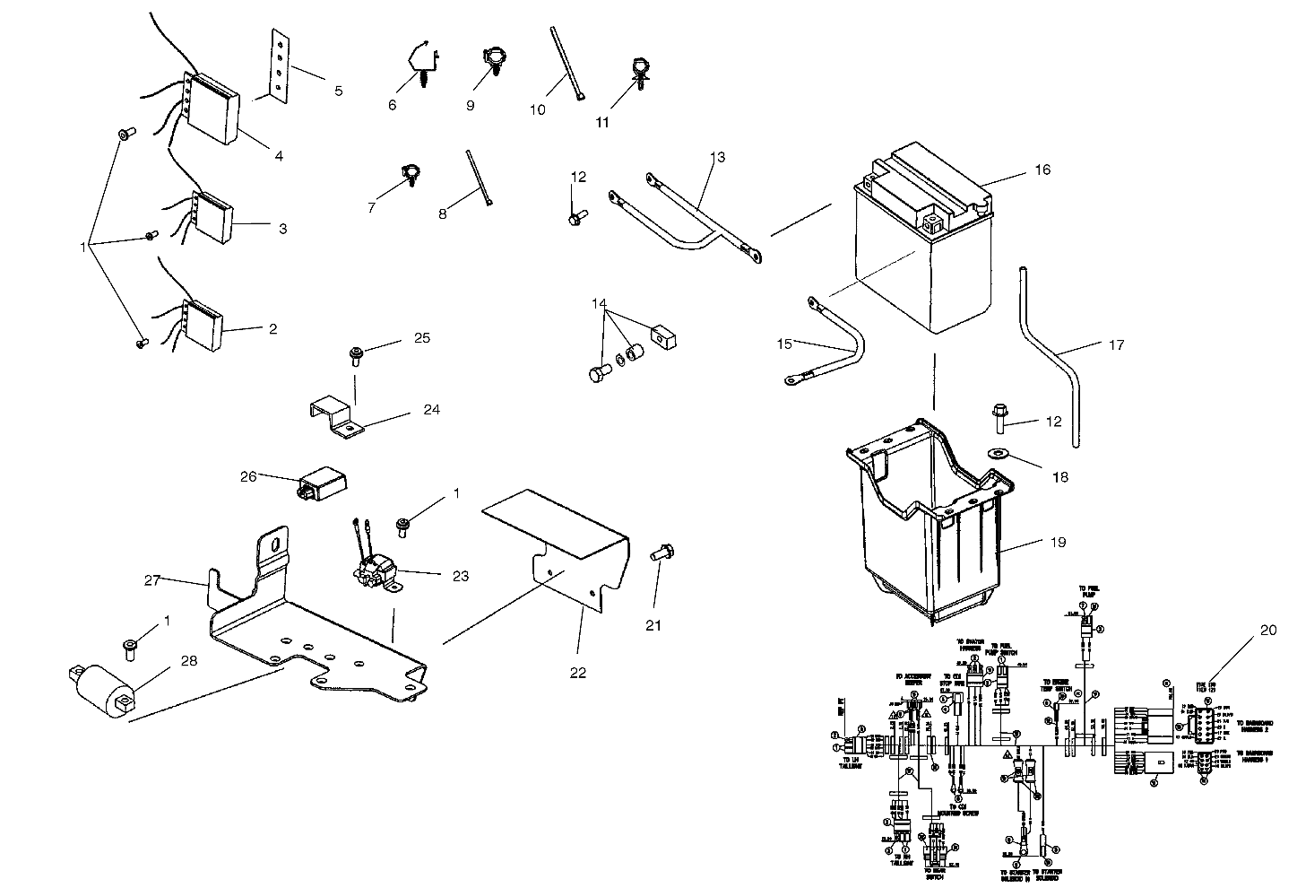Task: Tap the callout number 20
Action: pos(1267,630)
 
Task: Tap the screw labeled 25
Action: pos(356,358)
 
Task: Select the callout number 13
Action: pos(716,157)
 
